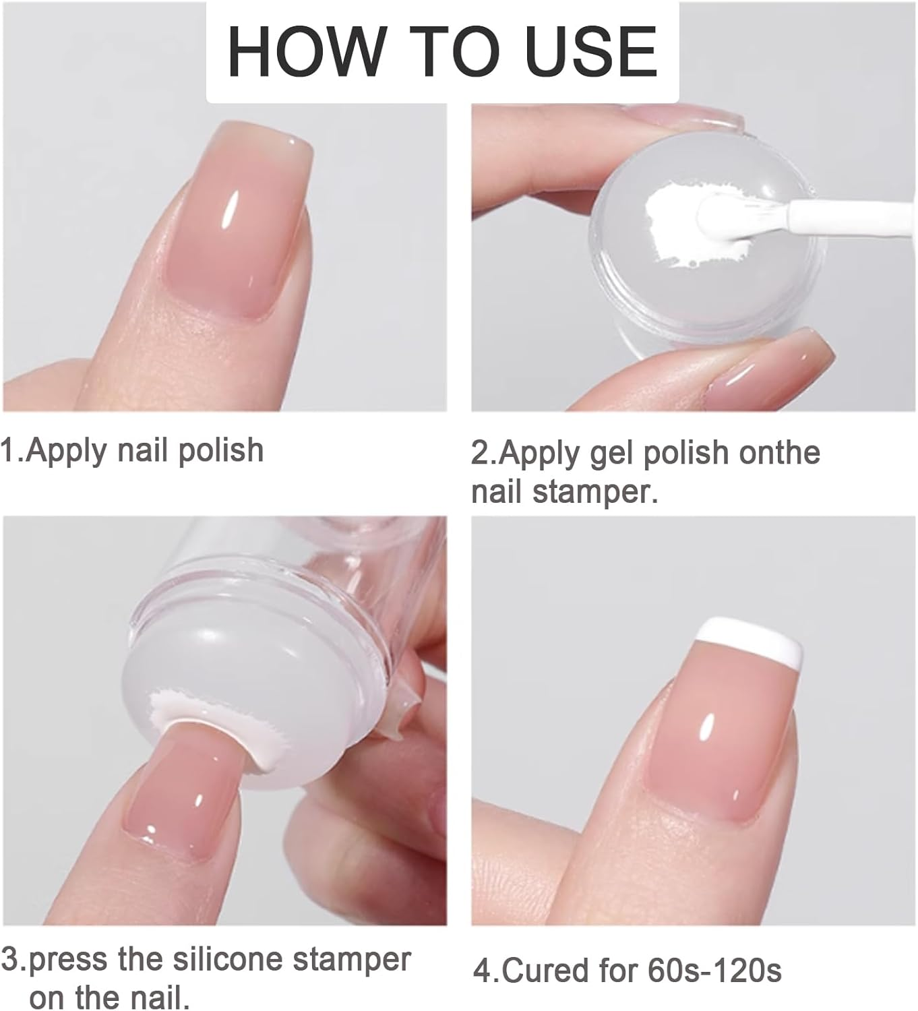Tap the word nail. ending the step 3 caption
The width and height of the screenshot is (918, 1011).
pos(157,997)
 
